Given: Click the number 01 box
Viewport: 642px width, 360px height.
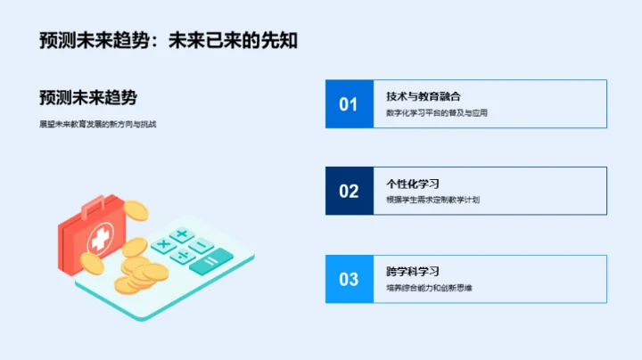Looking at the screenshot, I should (348, 104).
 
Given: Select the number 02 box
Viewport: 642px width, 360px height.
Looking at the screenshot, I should (348, 191).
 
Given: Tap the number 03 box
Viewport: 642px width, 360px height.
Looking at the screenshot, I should (348, 279).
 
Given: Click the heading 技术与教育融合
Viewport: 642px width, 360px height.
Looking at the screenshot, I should (424, 95).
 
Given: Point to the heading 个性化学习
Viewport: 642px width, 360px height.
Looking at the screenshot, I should (412, 183).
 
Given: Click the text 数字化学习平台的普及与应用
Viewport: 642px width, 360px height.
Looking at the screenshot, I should (437, 113).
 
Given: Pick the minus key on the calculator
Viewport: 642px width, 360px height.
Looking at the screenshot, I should (202, 245).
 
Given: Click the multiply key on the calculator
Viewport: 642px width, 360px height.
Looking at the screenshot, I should (163, 243).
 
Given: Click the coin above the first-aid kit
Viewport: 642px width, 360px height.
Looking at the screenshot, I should (136, 210).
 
